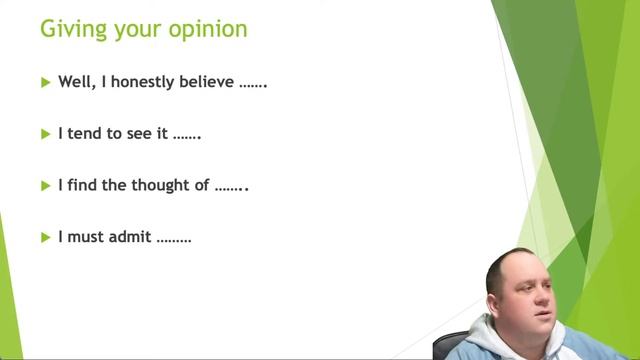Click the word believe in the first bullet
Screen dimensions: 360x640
pos(207,82)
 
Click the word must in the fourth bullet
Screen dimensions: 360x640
pos(86,237)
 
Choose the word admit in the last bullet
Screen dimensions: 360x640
pos(132,237)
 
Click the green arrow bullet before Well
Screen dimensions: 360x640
pos(45,82)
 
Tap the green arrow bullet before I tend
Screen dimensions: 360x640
pos(45,133)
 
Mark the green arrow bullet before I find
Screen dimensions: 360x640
pos(45,185)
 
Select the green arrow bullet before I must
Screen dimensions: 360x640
pos(45,237)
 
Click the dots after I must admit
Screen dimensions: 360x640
pos(174,240)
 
